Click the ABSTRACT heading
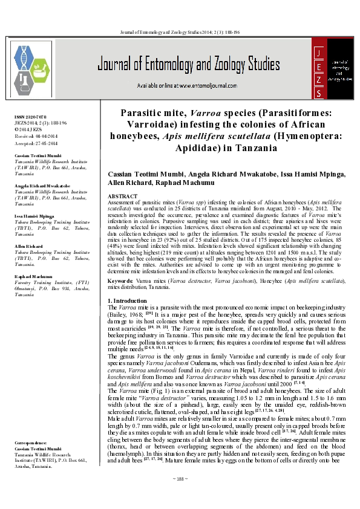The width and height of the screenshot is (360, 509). click(122, 197)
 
